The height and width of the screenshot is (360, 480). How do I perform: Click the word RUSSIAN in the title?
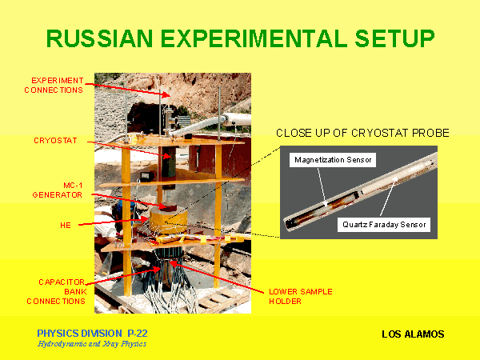[100, 38]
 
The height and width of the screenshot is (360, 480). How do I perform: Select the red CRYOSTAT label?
[55, 141]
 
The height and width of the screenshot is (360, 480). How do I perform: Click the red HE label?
[66, 226]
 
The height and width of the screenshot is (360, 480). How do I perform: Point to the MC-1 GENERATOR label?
[58, 190]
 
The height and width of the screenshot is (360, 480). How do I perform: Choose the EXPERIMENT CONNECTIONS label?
[54, 85]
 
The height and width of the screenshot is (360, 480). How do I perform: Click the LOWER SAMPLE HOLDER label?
[301, 296]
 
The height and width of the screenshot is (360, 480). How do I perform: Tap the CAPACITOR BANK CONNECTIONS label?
[56, 291]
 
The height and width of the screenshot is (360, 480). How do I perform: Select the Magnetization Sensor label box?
[333, 160]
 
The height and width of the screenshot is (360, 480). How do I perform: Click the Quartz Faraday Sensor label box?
[384, 225]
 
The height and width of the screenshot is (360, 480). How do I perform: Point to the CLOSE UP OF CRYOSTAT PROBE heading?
[362, 133]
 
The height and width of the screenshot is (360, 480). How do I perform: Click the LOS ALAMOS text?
[413, 334]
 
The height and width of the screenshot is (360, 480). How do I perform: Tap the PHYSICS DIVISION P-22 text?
[92, 333]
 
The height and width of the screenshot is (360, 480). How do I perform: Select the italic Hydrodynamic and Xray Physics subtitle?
[92, 344]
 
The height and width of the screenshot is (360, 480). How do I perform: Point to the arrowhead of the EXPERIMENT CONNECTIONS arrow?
[166, 95]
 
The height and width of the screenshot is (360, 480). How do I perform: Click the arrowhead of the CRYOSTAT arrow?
[167, 156]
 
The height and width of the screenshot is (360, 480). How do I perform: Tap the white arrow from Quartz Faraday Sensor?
[389, 197]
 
